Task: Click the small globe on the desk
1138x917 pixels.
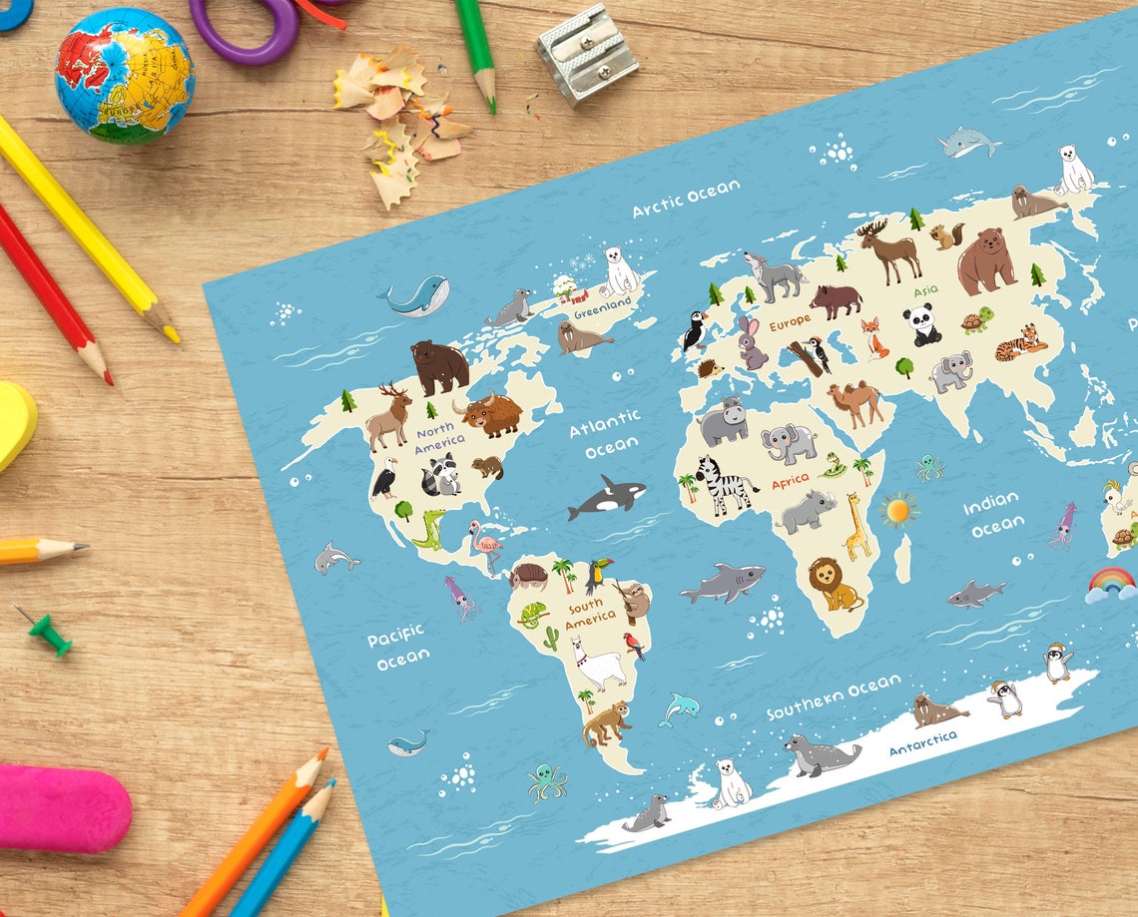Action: [124, 76]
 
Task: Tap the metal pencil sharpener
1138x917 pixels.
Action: [586, 53]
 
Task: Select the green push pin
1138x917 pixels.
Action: [46, 632]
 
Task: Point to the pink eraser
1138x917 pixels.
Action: [63, 807]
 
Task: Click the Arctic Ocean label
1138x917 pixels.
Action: [686, 198]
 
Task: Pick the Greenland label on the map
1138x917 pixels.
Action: [601, 301]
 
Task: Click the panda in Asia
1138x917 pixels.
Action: [921, 326]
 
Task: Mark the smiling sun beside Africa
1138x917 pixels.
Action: [898, 510]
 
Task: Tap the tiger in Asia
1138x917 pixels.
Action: [1020, 343]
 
